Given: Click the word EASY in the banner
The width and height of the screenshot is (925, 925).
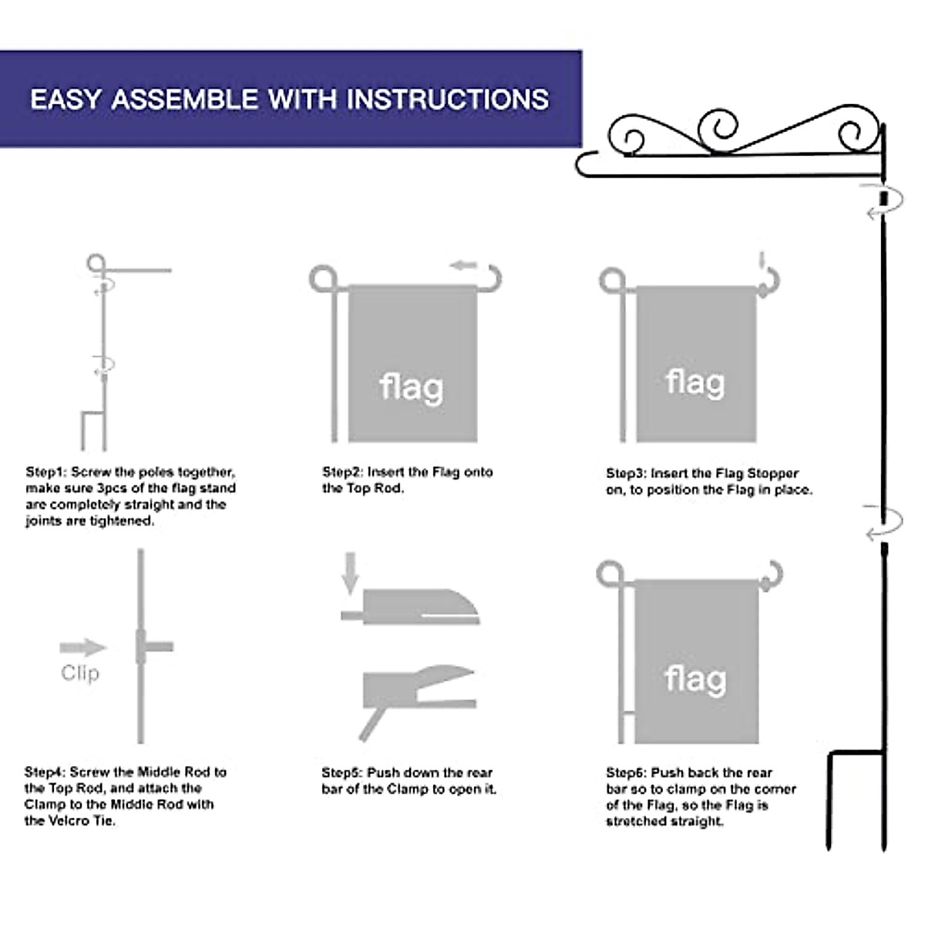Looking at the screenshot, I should point(66,99).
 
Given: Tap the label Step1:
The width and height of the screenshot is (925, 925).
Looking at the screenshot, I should point(46,472).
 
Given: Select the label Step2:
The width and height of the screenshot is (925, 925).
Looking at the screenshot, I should point(343,472).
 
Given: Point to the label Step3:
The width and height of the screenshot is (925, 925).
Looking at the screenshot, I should point(627,473).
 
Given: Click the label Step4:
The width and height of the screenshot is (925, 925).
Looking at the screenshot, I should point(45,772).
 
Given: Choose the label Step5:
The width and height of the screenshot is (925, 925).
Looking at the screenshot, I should point(342,772).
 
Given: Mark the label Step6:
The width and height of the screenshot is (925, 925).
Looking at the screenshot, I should point(627,772).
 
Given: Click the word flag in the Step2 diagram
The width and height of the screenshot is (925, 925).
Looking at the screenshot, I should point(412,387).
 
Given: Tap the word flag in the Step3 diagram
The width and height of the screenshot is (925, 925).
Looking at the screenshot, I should point(695,382).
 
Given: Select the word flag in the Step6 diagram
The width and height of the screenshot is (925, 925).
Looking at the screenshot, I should point(695,679).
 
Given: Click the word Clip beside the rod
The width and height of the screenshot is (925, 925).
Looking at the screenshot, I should point(80,673).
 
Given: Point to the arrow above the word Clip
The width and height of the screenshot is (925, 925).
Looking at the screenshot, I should point(82,647).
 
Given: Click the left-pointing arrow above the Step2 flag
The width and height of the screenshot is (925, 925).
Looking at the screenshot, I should point(464,266).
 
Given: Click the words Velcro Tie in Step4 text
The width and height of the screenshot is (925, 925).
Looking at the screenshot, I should point(81,821).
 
